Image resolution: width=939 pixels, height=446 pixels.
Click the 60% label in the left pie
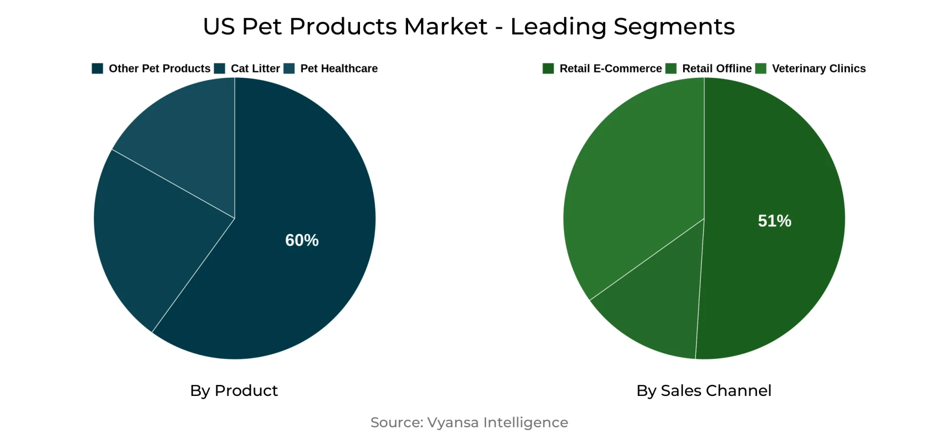[301, 240]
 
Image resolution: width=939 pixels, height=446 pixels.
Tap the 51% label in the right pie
[774, 221]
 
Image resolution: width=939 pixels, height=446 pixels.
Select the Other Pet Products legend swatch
[97, 68]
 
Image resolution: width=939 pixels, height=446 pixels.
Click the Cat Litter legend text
[255, 68]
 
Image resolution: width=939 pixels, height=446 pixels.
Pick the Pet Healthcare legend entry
[339, 68]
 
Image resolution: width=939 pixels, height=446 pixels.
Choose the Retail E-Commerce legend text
[610, 68]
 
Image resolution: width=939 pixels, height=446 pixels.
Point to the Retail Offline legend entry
[716, 68]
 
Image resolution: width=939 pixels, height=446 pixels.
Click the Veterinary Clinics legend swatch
[761, 68]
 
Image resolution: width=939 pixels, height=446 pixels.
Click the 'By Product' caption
[234, 390]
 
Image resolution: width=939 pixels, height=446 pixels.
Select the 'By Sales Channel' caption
[704, 390]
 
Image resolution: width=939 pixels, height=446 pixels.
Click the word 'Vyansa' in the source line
[453, 422]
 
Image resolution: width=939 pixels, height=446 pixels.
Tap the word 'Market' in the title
[445, 27]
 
